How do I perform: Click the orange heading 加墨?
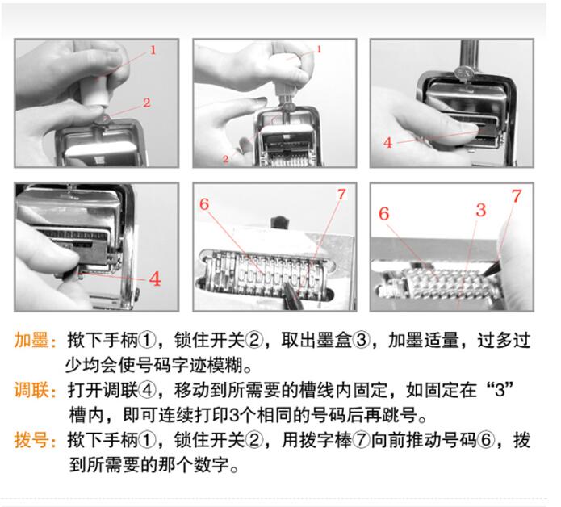31,340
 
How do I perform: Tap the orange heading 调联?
31,390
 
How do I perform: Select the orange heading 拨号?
31,440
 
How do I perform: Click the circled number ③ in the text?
361,340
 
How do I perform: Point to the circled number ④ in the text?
147,390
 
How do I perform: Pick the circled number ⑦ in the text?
362,440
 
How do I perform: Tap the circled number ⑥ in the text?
485,440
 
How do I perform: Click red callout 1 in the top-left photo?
153,50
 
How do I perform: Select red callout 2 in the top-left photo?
147,103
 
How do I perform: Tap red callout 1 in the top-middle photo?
319,49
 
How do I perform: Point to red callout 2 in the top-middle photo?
225,159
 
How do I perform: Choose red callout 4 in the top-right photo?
387,143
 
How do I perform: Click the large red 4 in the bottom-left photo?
155,279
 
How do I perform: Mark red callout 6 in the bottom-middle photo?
204,204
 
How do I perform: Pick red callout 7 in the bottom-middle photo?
341,195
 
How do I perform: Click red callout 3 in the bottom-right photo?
481,210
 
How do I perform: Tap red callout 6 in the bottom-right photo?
384,214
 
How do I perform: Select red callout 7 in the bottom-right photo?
517,196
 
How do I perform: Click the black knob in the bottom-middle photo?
280,222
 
